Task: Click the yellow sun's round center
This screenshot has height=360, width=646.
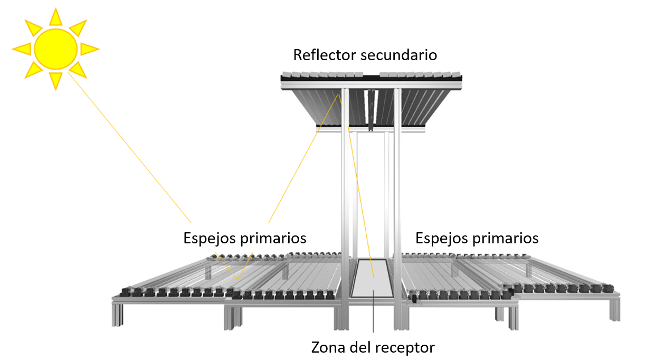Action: (55, 49)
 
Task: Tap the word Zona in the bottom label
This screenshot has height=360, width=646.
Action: (326, 348)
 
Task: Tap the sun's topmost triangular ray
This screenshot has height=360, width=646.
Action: (55, 17)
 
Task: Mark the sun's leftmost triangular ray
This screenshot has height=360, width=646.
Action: (22, 49)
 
